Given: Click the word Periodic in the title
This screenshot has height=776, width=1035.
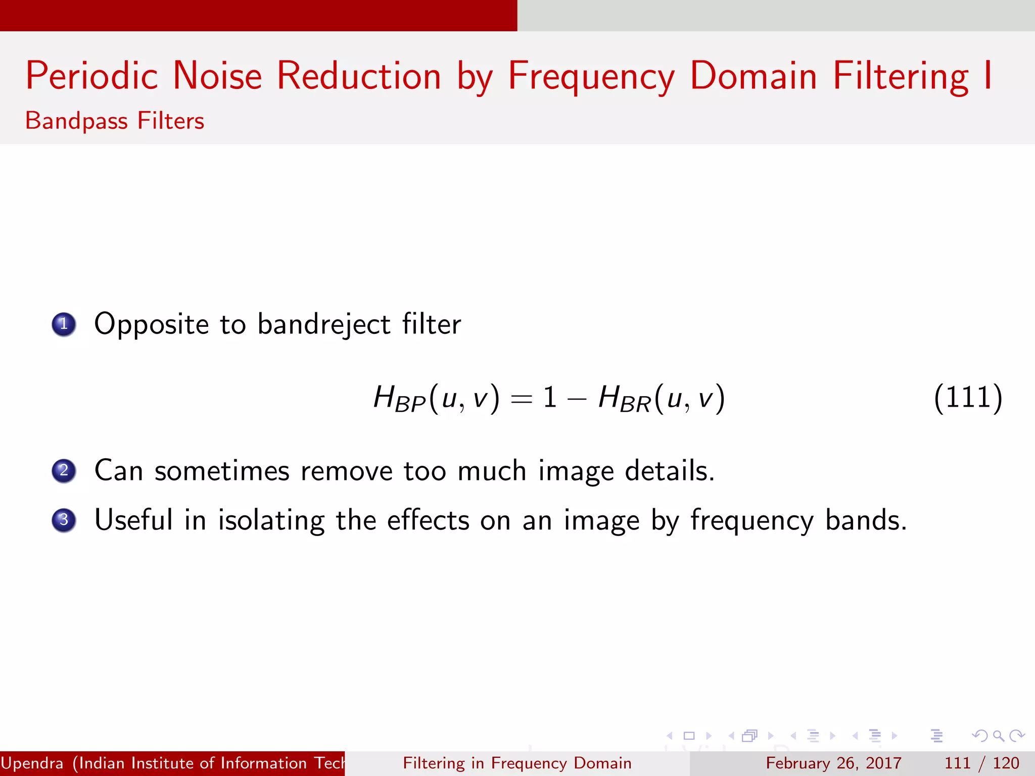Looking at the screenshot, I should [x=92, y=76].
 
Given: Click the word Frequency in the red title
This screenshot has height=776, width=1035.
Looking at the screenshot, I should [x=591, y=76].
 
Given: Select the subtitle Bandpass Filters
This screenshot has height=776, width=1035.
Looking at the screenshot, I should [x=115, y=121].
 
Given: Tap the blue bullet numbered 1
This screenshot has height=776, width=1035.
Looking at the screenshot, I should [x=64, y=324].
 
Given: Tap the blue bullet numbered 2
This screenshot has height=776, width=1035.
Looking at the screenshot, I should [x=64, y=471].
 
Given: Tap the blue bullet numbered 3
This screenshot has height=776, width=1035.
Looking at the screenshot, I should [x=64, y=520].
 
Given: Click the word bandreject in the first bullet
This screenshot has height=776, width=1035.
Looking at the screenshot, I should [x=324, y=324].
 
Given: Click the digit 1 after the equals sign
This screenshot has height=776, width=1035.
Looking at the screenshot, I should [x=550, y=398].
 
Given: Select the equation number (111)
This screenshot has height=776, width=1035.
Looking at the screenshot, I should [x=968, y=398].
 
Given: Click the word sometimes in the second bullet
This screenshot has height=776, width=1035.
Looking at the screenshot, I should [x=222, y=471].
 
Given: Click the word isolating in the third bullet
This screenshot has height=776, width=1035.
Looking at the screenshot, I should [x=271, y=520].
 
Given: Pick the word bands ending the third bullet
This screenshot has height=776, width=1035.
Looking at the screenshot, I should [x=865, y=520].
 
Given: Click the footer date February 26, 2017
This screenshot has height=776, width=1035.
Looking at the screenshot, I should [x=833, y=763].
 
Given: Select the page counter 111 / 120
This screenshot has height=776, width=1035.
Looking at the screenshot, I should [x=981, y=763].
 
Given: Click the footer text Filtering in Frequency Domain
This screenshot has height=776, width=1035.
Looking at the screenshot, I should [x=517, y=763].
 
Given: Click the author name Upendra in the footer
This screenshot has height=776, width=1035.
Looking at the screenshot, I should [x=32, y=763].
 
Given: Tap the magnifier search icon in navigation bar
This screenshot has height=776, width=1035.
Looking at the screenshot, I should [x=998, y=736].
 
